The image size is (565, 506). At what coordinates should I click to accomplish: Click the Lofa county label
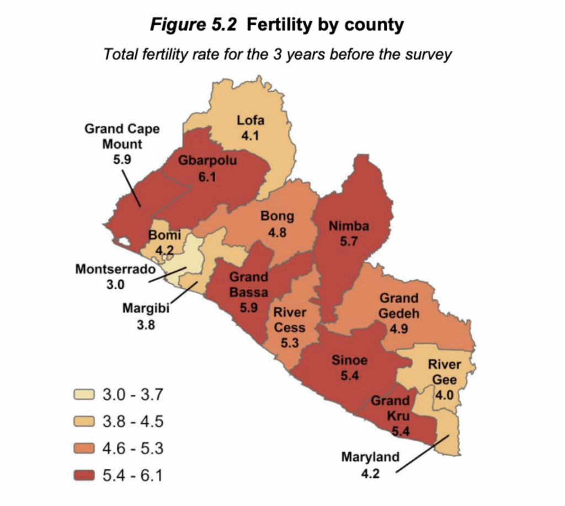point(250,120)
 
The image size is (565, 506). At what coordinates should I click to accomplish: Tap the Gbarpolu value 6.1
point(207,177)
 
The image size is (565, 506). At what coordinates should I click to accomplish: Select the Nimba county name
point(348,225)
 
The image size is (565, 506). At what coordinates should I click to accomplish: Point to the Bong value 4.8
point(277,232)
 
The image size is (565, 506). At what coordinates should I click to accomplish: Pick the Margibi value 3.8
point(146,325)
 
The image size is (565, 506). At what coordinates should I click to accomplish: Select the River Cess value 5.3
point(290,343)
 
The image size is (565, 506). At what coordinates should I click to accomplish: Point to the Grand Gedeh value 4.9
point(399,329)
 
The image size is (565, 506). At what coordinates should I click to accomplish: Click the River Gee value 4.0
point(444,396)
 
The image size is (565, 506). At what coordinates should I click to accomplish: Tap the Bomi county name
point(164,236)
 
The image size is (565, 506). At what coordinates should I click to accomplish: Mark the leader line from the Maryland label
point(423,454)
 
